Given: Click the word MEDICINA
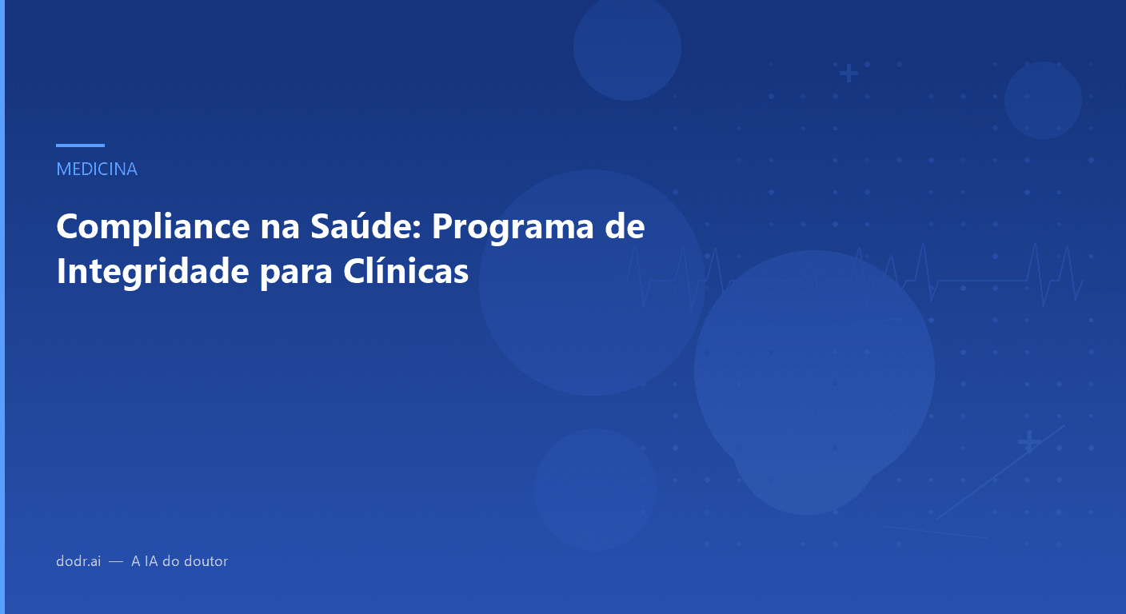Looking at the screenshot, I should [97, 169].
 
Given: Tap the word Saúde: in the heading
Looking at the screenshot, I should [362, 227].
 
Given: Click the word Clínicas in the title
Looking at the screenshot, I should [405, 272].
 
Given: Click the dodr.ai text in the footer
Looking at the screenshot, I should [78, 561].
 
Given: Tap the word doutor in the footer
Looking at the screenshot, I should [206, 561].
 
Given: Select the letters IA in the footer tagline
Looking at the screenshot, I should [150, 561].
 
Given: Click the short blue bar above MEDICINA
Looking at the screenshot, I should [80, 146].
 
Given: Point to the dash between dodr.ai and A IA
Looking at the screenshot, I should [116, 561].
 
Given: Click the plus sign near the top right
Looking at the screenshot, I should [848, 74].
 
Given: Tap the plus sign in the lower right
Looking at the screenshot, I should [1028, 441].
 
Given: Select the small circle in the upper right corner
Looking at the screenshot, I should [1043, 100].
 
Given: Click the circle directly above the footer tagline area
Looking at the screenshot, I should [595, 489].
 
